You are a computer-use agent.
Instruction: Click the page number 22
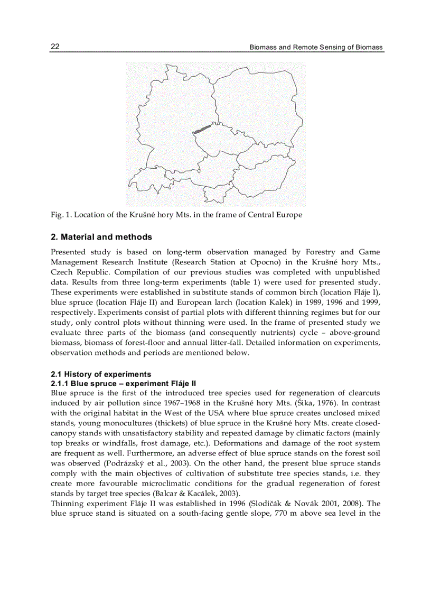tap(55, 47)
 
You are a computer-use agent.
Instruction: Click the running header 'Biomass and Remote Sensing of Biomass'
tap(316, 47)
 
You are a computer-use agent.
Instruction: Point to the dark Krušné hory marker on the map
tap(202, 129)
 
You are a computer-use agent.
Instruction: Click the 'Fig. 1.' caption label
tap(61, 215)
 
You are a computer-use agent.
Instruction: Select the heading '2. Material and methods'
tap(101, 237)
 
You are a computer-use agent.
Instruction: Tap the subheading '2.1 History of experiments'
tap(100, 374)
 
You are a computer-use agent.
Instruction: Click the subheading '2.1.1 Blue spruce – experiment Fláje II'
tap(123, 383)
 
